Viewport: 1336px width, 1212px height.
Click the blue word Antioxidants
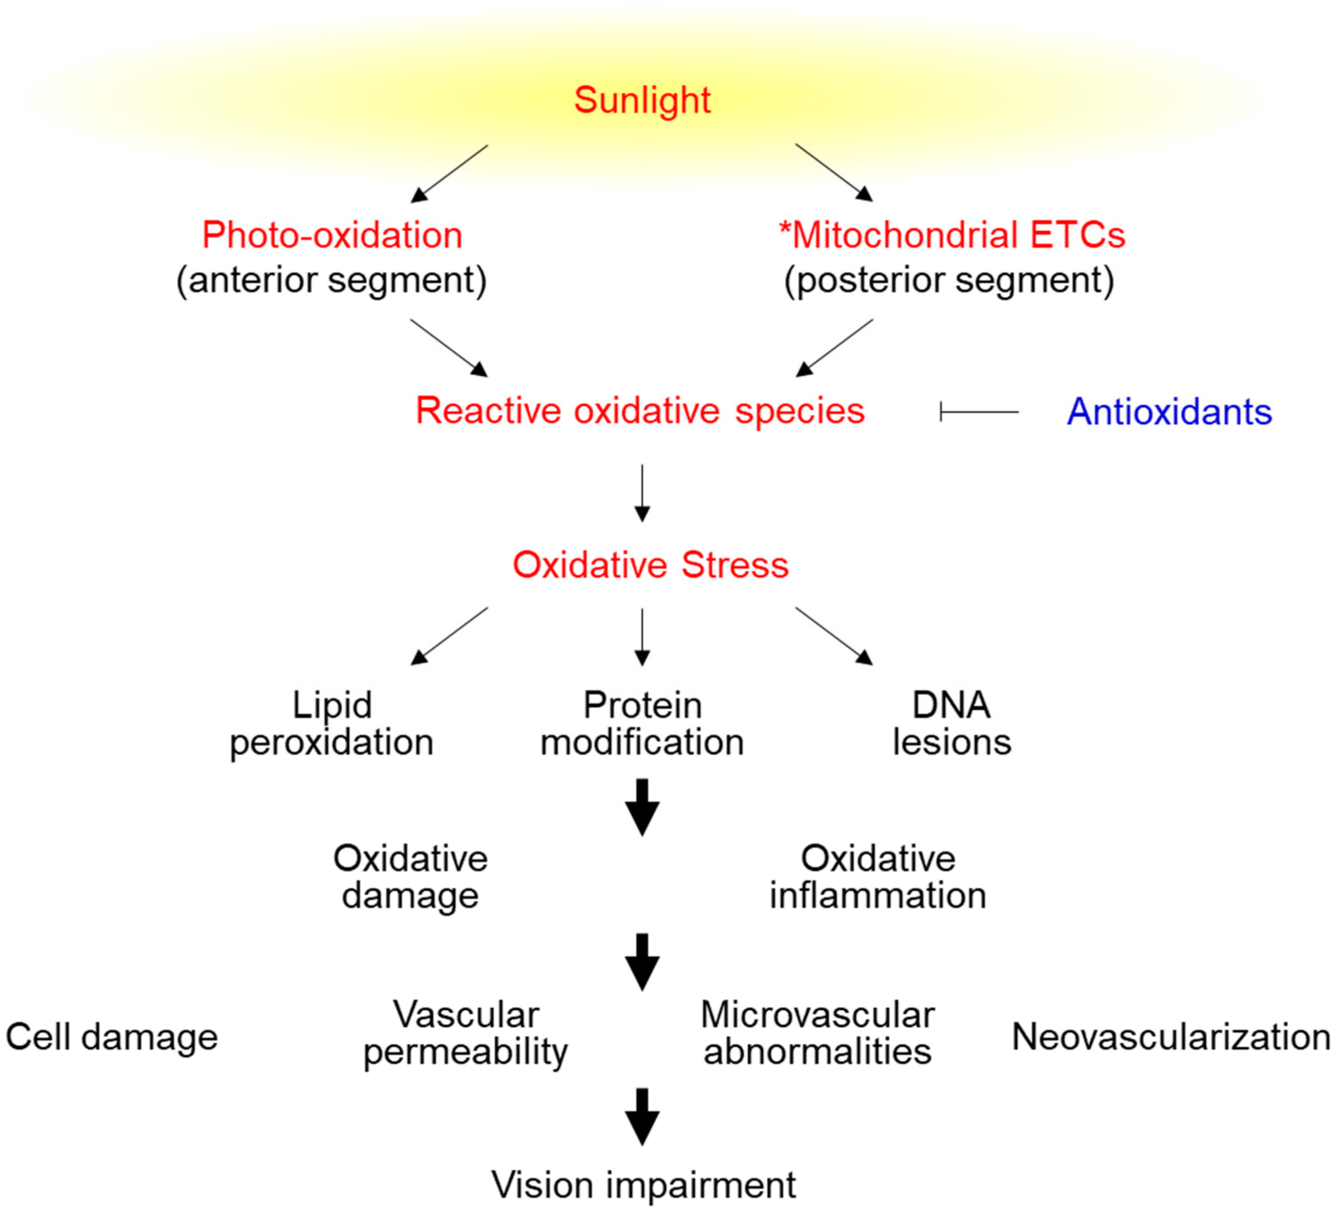[x=1169, y=412]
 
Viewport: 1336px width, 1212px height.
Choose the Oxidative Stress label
[x=650, y=565]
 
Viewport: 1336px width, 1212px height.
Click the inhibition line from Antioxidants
[x=979, y=412]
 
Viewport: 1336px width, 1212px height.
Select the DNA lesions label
[x=952, y=724]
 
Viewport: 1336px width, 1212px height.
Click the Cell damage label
[x=111, y=1037]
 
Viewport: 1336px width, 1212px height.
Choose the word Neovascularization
[x=1171, y=1037]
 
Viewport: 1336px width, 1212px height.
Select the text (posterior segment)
[x=949, y=281]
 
